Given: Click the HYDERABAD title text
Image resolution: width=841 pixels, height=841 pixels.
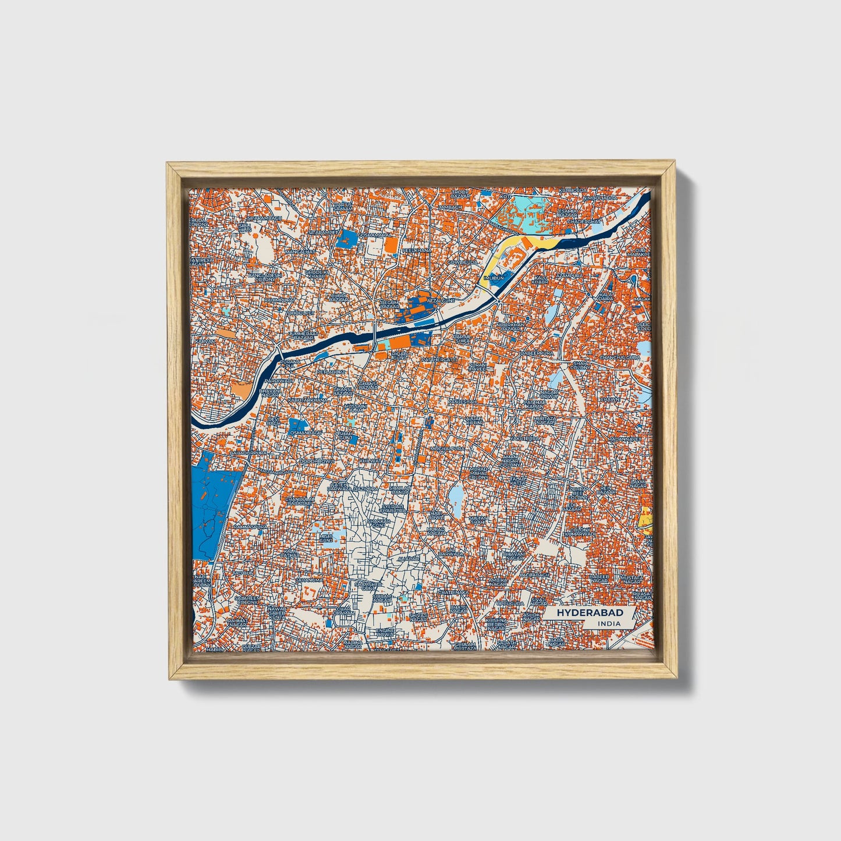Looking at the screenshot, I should click(590, 613).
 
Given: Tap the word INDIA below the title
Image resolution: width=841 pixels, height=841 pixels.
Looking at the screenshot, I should click(608, 623).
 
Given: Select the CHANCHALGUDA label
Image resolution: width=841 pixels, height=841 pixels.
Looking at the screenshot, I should click(620, 357).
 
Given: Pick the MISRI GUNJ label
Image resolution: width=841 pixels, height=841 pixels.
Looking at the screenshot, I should click(327, 538).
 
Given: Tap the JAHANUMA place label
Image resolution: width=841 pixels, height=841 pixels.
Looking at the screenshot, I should click(309, 580).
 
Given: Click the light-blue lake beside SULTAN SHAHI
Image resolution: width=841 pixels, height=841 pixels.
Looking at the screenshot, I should click(455, 496).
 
